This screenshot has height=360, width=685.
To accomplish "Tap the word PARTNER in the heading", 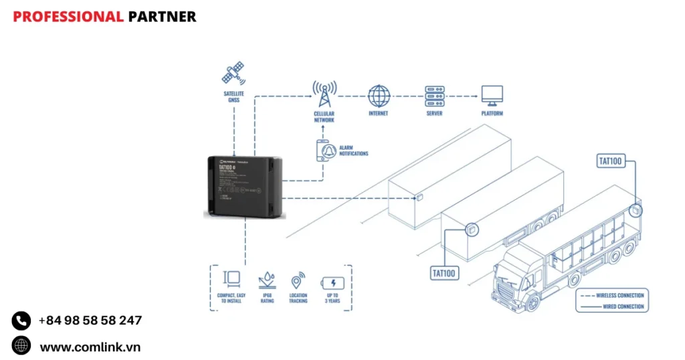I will pos(162,17).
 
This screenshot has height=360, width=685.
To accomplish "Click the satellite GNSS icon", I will pos(233,74).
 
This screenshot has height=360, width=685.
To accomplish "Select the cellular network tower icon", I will pos(324,94).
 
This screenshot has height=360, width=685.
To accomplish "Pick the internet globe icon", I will pos(379,96).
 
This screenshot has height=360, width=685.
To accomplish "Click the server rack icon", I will pos(435,95).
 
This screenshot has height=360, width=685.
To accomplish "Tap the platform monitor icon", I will pos(492,95).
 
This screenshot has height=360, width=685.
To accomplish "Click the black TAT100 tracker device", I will pos(246,186).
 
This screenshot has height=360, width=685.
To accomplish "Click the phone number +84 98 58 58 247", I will pos(90,321).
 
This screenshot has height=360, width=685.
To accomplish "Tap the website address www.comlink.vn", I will pos(90,347).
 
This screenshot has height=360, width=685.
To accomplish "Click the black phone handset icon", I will pos(21,321).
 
